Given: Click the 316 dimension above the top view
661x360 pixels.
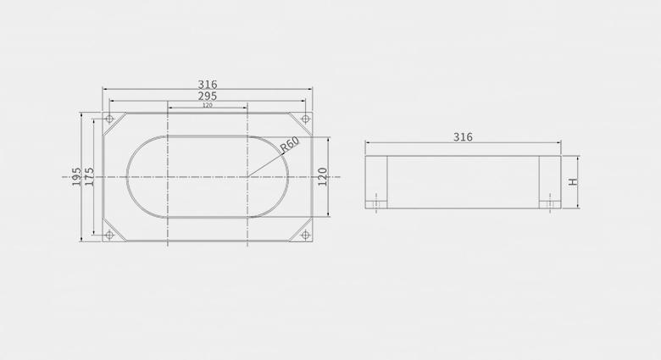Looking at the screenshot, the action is pyautogui.click(x=208, y=85).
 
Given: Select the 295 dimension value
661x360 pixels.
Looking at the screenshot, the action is pyautogui.click(x=208, y=96).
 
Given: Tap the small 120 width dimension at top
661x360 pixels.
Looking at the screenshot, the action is pyautogui.click(x=208, y=105).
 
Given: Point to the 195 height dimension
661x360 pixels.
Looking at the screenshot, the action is pyautogui.click(x=76, y=177).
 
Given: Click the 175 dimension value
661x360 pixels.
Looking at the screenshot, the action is pyautogui.click(x=89, y=177).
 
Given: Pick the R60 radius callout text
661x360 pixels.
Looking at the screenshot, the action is pyautogui.click(x=290, y=144).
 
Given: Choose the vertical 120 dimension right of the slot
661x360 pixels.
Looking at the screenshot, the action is pyautogui.click(x=323, y=177).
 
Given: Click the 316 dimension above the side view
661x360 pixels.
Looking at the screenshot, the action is pyautogui.click(x=463, y=137).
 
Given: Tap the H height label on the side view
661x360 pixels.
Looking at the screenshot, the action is pyautogui.click(x=573, y=182).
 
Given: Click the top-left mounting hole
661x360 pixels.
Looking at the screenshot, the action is pyautogui.click(x=109, y=119).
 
